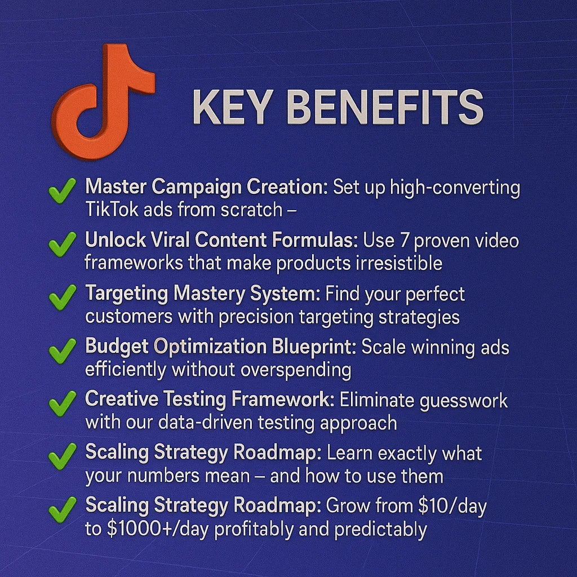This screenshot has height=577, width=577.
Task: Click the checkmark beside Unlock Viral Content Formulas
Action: click(62, 243)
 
